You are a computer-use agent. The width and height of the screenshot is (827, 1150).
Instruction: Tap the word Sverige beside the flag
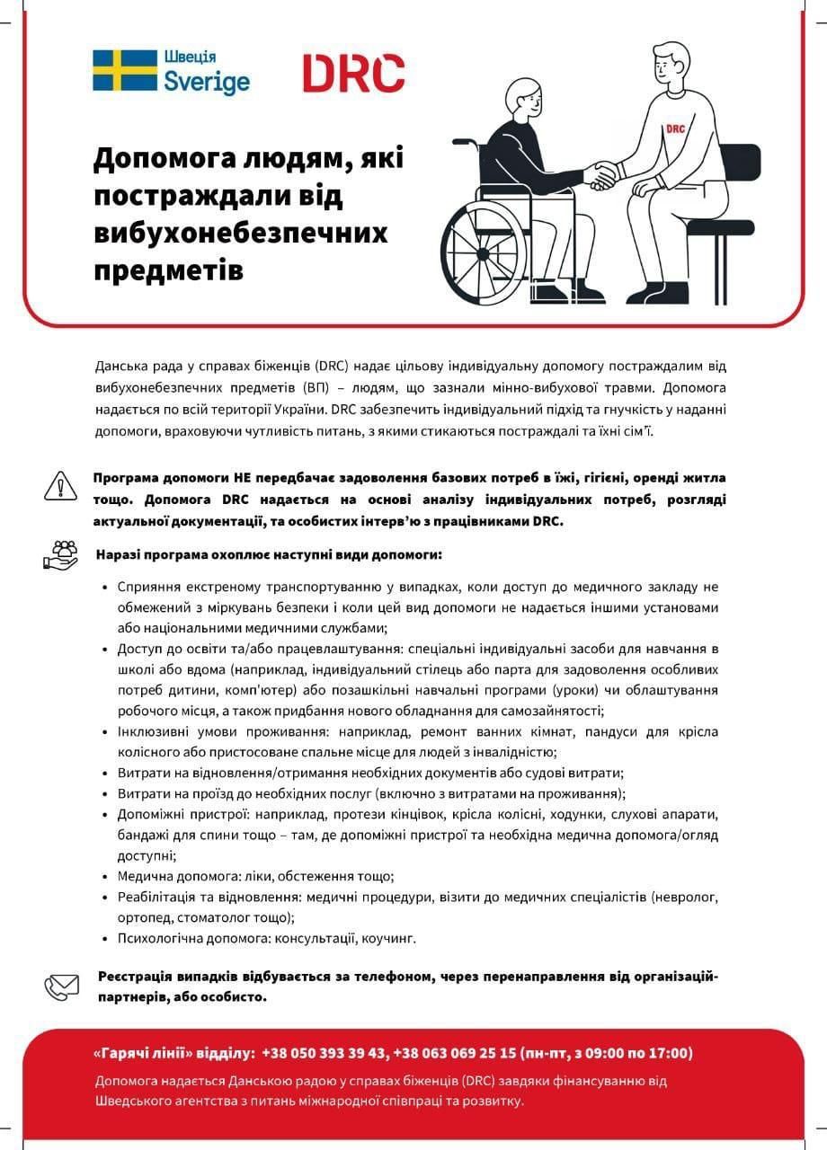pyautogui.click(x=206, y=83)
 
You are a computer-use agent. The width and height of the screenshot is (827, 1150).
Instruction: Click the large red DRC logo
pyautogui.click(x=352, y=73)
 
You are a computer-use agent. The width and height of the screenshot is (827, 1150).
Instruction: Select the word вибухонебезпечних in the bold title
pyautogui.click(x=241, y=233)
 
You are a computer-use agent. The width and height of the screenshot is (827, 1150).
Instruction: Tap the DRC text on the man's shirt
pyautogui.click(x=675, y=128)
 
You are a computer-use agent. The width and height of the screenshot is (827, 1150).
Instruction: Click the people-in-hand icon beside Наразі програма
pyautogui.click(x=61, y=553)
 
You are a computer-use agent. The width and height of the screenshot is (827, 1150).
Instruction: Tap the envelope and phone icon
pyautogui.click(x=61, y=986)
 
